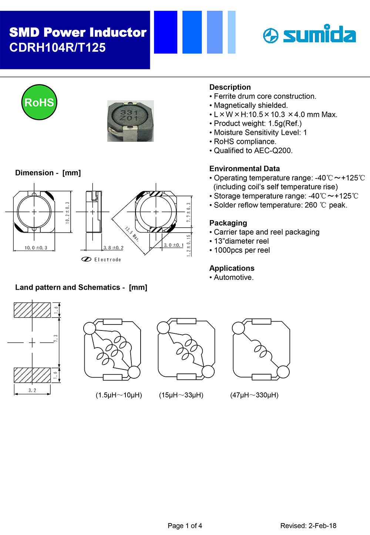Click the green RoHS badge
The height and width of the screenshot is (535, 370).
point(39,102)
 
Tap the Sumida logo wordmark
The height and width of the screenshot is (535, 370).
point(319,34)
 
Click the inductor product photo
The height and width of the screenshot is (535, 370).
point(130,121)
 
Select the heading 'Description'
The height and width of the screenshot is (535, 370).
point(230,87)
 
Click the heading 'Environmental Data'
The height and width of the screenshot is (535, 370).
point(244,169)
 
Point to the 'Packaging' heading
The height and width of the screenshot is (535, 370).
point(228,223)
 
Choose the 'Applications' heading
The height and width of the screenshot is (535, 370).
point(232,268)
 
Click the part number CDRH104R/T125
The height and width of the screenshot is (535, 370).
point(57,48)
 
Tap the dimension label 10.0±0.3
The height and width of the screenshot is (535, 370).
point(36,248)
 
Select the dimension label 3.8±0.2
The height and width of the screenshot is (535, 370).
point(113,248)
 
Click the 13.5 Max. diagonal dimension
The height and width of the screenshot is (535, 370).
point(132,234)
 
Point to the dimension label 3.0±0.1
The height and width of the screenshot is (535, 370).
point(174,245)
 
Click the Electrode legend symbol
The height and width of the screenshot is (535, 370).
point(86,259)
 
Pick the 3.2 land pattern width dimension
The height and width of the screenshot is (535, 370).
point(32,391)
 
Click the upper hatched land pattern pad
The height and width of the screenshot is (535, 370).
point(32,310)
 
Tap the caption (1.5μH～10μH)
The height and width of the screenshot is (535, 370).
point(119,395)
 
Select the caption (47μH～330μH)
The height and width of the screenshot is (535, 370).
point(254,395)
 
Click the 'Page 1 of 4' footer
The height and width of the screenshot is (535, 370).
point(185,526)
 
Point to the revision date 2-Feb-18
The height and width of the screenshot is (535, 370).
point(322,526)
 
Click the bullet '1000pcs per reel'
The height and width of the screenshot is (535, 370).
point(242,250)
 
